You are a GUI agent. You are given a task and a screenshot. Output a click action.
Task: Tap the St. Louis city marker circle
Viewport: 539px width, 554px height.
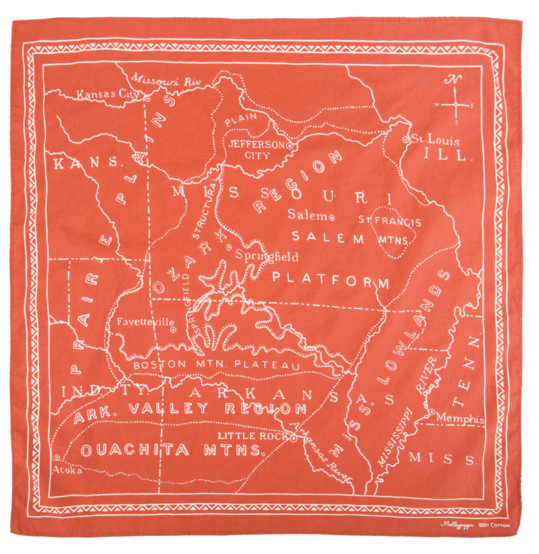405,140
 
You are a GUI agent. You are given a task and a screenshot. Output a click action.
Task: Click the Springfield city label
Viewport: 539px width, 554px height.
267,256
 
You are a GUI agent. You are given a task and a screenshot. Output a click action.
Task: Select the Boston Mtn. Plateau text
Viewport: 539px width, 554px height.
216,364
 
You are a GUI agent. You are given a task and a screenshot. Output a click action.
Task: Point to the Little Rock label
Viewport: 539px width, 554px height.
252,436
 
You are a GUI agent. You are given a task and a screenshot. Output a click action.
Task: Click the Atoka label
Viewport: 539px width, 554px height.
67,470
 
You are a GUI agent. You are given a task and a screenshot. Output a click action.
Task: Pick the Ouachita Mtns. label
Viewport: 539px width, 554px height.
173,450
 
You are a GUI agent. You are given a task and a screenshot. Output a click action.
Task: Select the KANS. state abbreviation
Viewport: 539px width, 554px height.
86,163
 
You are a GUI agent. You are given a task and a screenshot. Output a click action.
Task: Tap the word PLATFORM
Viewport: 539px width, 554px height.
331,280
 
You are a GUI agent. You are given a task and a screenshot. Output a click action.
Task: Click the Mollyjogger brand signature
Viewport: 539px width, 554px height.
456,524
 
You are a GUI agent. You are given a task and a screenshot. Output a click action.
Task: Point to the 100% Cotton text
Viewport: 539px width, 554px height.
494,525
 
